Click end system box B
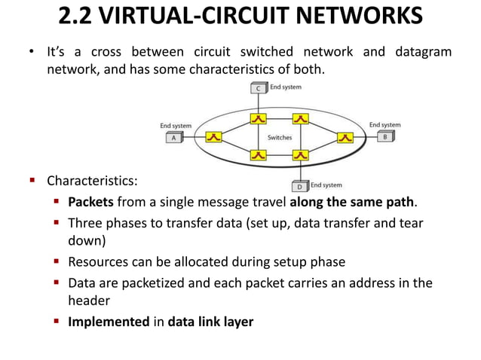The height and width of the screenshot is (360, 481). (385, 138)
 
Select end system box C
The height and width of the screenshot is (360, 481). (259, 87)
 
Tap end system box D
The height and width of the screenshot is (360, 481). (300, 185)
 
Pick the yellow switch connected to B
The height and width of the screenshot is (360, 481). (345, 138)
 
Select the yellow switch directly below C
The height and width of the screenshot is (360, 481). (259, 119)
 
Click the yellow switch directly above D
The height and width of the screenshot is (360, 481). (301, 155)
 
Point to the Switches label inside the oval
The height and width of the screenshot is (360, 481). (280, 138)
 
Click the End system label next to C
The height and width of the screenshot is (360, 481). (286, 87)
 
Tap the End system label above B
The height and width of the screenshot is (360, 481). (385, 125)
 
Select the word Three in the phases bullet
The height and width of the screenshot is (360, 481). (84, 223)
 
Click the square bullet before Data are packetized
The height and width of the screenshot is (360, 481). (57, 283)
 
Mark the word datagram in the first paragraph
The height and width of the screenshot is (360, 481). (424, 51)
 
